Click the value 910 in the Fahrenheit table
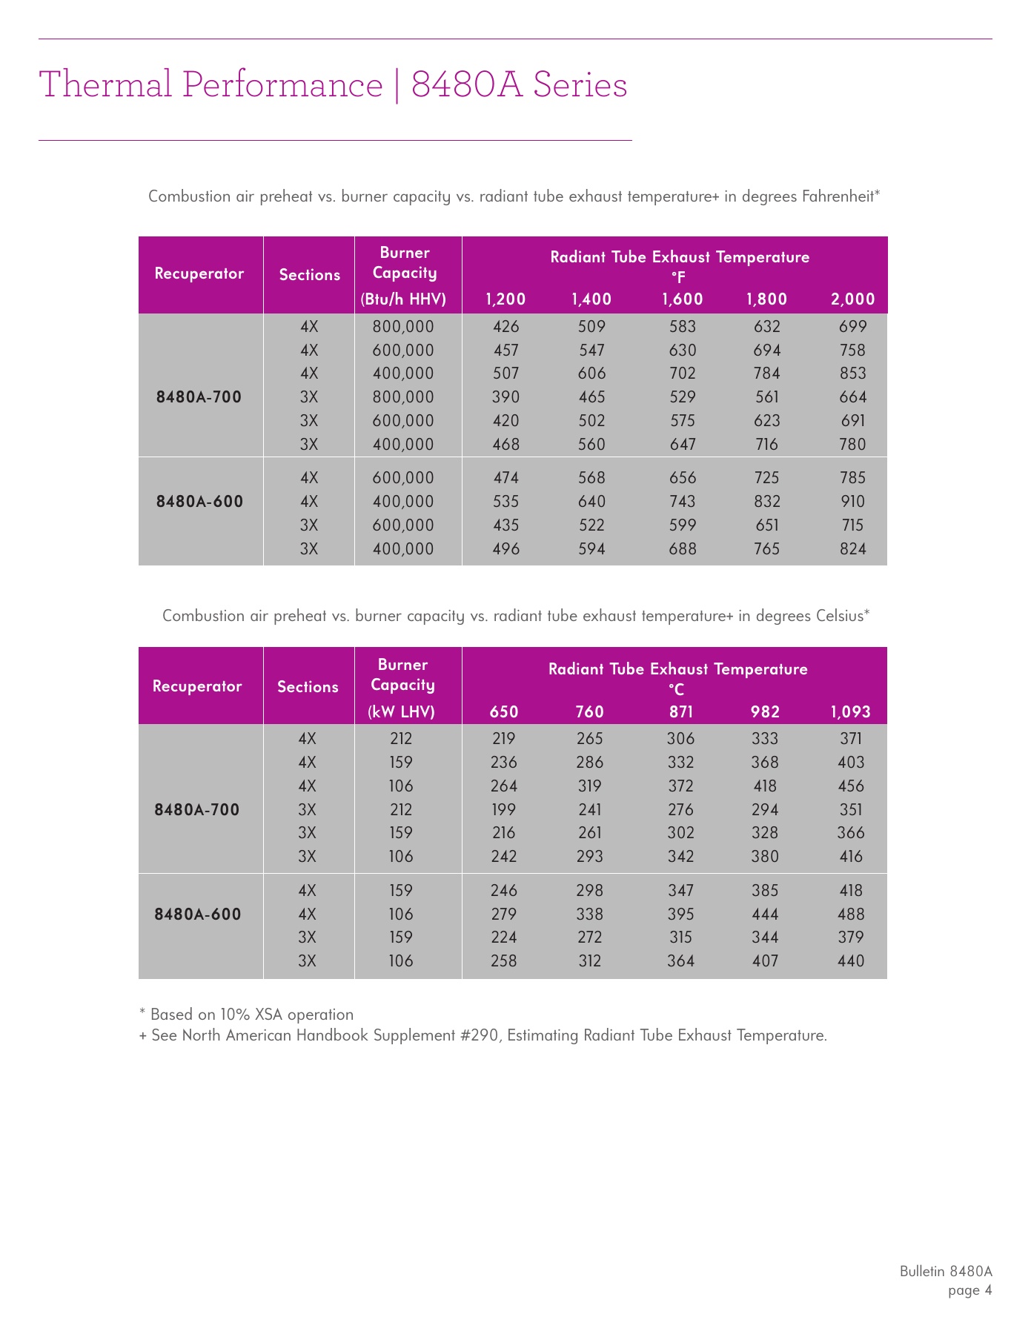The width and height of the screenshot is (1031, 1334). click(x=852, y=502)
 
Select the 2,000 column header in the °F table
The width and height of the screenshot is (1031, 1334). click(x=852, y=299)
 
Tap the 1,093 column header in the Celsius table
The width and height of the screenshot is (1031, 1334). click(x=850, y=712)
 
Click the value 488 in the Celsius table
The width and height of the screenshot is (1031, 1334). click(x=851, y=915)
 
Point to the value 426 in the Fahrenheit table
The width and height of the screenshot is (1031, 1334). click(x=506, y=327)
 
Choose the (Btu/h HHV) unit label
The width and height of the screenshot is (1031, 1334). click(x=403, y=299)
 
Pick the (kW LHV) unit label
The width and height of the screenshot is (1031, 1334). click(x=401, y=712)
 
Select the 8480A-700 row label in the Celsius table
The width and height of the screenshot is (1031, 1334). click(x=197, y=810)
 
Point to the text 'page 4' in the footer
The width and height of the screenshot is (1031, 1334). click(x=969, y=1291)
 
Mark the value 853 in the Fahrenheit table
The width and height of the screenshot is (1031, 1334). click(x=852, y=374)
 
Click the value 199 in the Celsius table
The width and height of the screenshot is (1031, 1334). click(x=504, y=810)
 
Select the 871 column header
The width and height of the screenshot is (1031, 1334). click(x=681, y=712)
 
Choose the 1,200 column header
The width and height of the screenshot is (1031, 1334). click(x=505, y=299)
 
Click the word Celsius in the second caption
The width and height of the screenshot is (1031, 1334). click(x=839, y=616)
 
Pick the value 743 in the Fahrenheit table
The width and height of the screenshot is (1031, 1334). click(x=683, y=502)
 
